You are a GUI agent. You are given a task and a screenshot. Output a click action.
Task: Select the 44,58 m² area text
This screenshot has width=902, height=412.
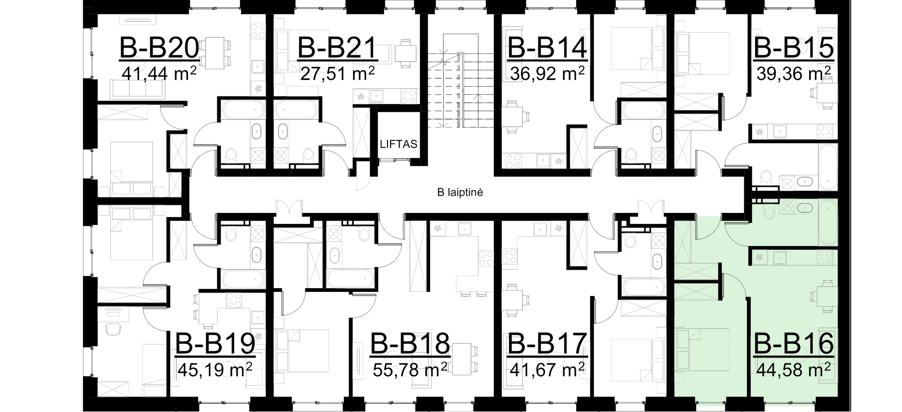pyautogui.click(x=794, y=370)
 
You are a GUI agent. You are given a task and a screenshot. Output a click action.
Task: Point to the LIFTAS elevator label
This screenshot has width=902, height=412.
pyautogui.click(x=399, y=144)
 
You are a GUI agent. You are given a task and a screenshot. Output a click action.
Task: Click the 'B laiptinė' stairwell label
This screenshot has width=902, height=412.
pyautogui.click(x=460, y=192)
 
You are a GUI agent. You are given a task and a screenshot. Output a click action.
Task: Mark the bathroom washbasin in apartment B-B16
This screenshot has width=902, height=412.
pyautogui.click(x=805, y=208)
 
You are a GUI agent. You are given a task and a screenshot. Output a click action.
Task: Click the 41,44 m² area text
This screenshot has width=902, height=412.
pyautogui.click(x=159, y=74)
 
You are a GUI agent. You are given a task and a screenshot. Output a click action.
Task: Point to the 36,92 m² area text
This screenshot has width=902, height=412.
pyautogui.click(x=547, y=74)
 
